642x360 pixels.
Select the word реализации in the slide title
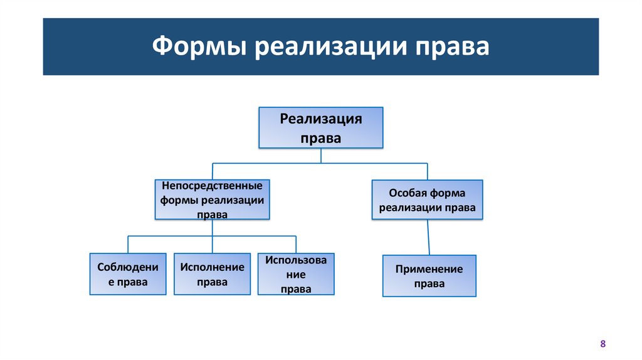(x=330, y=48)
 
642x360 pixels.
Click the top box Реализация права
(x=320, y=128)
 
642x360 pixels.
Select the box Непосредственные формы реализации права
(x=212, y=199)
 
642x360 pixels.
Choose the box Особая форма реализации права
(x=427, y=199)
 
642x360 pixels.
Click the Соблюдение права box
(x=128, y=274)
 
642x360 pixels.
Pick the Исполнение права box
(x=212, y=274)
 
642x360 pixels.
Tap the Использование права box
(x=296, y=274)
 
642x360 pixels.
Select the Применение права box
(x=429, y=275)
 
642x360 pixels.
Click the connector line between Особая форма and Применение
(x=428, y=237)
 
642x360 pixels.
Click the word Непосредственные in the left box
(x=212, y=186)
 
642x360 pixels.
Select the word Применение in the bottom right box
(x=429, y=269)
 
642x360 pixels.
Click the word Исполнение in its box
(x=212, y=267)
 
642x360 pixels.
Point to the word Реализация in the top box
(x=320, y=119)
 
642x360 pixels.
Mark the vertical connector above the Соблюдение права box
(x=128, y=245)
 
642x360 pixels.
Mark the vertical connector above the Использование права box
(x=296, y=245)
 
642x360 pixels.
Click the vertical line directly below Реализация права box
(x=321, y=156)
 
